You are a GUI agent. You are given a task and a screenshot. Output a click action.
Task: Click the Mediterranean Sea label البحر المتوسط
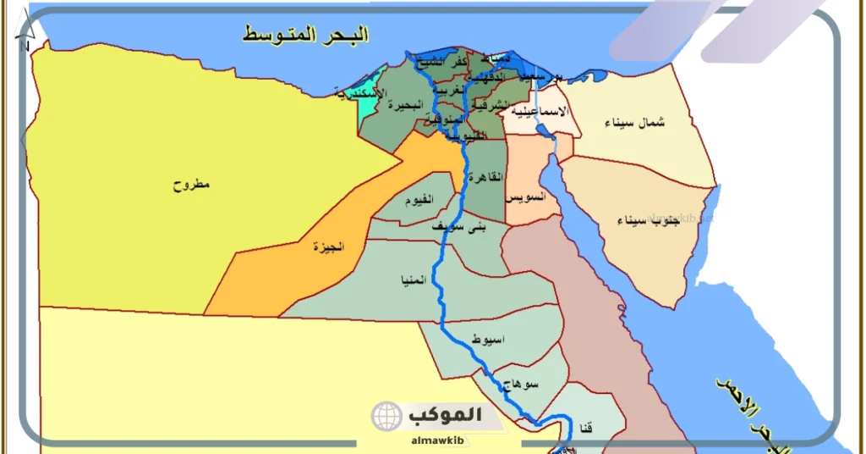(306, 35)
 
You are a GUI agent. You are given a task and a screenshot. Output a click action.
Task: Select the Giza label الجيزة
(329, 247)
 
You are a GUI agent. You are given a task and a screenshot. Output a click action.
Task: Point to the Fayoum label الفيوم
(419, 200)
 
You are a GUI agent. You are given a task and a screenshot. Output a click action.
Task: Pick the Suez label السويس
(525, 197)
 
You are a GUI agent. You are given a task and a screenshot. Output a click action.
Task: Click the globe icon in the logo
(386, 416)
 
